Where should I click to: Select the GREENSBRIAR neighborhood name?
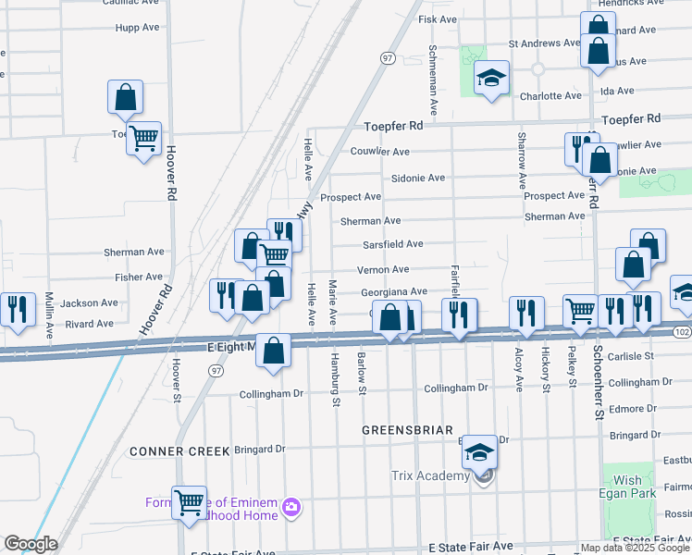(x=406, y=430)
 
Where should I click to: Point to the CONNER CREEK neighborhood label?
(x=179, y=450)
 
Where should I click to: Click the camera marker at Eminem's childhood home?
(x=292, y=506)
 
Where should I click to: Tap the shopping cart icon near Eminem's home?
(x=190, y=504)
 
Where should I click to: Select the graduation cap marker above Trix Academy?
(x=478, y=451)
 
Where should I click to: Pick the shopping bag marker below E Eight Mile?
(x=273, y=351)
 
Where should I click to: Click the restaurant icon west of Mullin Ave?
(x=15, y=309)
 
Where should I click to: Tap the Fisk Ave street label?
(x=438, y=18)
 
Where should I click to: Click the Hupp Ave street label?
(x=138, y=28)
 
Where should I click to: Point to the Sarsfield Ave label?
(x=394, y=244)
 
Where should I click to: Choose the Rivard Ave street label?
(x=90, y=324)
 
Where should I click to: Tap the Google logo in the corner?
(x=30, y=544)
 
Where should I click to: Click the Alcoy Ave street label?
(x=517, y=369)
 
